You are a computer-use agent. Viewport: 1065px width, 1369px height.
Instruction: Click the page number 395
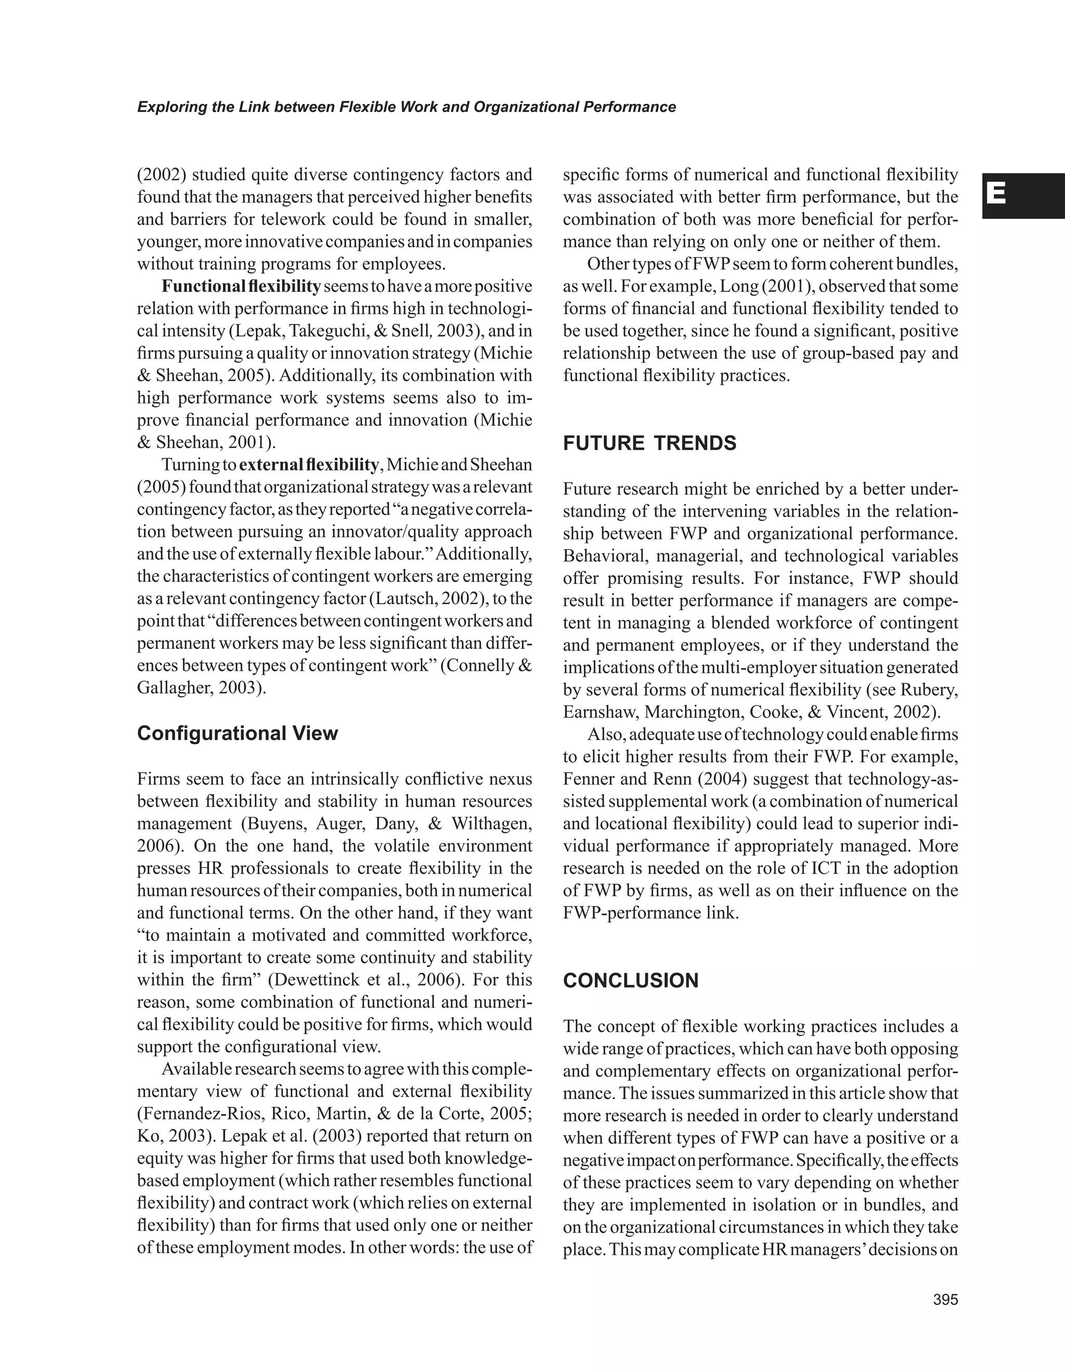click(x=945, y=1300)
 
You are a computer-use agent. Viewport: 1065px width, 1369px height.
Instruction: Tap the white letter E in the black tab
click(x=997, y=195)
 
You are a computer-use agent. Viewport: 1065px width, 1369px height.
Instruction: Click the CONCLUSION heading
click(x=631, y=981)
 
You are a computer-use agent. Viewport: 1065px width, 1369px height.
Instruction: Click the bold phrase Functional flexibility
click(x=241, y=286)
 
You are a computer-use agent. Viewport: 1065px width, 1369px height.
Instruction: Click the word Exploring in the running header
click(x=165, y=107)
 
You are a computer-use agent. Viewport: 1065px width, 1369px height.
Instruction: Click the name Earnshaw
click(x=600, y=712)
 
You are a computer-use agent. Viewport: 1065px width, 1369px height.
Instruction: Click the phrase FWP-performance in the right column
click(x=631, y=912)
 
